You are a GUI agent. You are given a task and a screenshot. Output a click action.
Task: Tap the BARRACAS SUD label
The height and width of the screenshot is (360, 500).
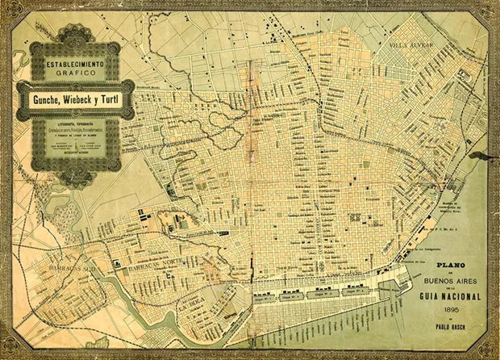click(x=46, y=263)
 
